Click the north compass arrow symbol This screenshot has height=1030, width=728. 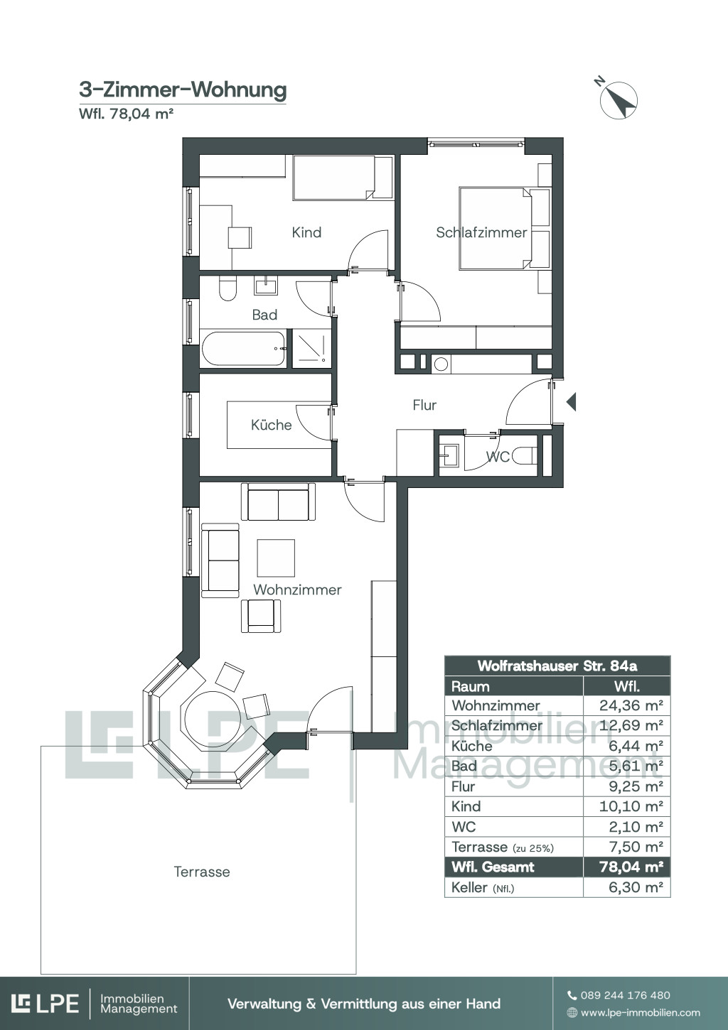(x=619, y=100)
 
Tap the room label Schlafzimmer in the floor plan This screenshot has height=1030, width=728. (x=481, y=232)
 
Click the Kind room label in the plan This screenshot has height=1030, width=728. (x=306, y=232)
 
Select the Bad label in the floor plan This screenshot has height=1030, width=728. (x=264, y=315)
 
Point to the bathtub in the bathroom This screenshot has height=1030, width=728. (x=244, y=349)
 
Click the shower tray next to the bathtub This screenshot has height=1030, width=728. (x=311, y=349)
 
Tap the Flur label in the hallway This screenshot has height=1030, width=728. (x=424, y=405)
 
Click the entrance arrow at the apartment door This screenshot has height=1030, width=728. (x=571, y=401)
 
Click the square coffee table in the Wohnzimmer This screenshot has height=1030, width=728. (x=276, y=558)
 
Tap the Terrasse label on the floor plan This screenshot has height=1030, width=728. (x=202, y=872)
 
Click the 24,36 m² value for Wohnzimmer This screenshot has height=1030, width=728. (x=631, y=705)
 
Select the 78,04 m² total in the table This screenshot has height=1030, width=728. (x=631, y=867)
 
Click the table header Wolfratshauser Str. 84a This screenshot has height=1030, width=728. (x=557, y=666)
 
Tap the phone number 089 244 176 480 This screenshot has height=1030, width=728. (x=626, y=995)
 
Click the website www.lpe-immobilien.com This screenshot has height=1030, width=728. (x=640, y=1012)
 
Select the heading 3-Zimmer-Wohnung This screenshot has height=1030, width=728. (x=183, y=90)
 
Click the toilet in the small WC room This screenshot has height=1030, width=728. (x=524, y=455)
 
